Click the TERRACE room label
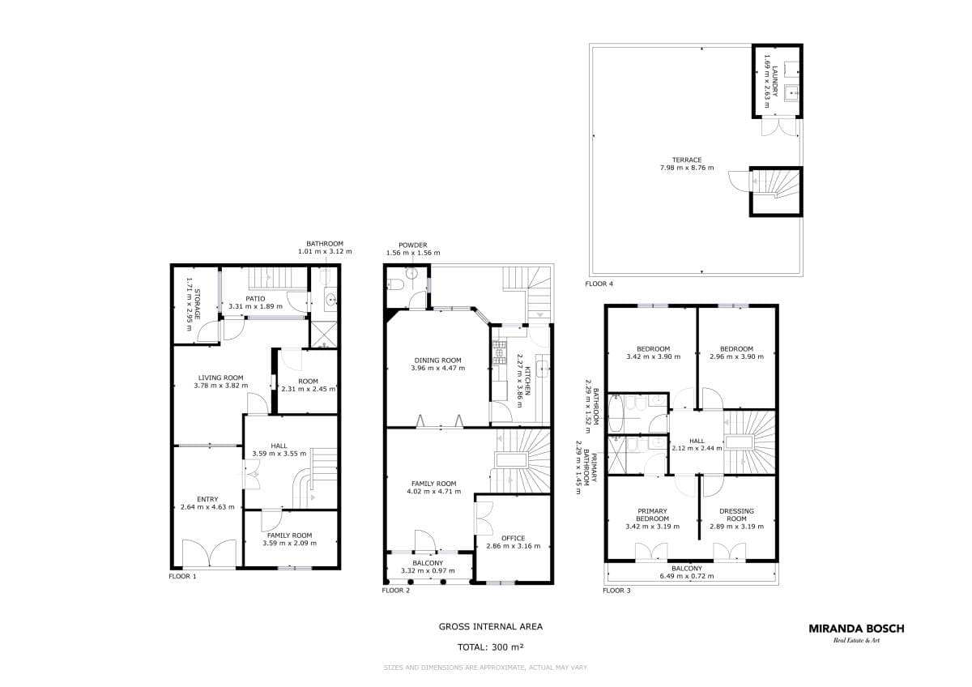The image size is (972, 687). pyautogui.click(x=687, y=160)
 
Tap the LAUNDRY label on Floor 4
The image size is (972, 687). pyautogui.click(x=775, y=81)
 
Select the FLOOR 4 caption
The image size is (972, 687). pyautogui.click(x=599, y=284)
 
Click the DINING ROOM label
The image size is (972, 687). pyautogui.click(x=437, y=361)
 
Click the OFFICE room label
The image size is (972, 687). pyautogui.click(x=514, y=538)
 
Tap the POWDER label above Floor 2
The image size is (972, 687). pyautogui.click(x=412, y=245)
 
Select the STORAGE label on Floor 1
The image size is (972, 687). pyautogui.click(x=197, y=305)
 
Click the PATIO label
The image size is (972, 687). pyautogui.click(x=255, y=299)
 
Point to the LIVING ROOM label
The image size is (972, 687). pyautogui.click(x=220, y=378)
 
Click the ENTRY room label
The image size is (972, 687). pyautogui.click(x=207, y=499)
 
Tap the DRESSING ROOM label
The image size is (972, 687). pyautogui.click(x=736, y=514)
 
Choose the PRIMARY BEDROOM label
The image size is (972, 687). pyautogui.click(x=652, y=514)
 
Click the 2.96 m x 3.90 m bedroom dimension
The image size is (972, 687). pyautogui.click(x=736, y=356)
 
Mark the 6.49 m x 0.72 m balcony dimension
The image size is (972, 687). pyautogui.click(x=687, y=576)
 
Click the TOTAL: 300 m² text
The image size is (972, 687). pyautogui.click(x=490, y=647)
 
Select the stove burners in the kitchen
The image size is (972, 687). pyautogui.click(x=499, y=352)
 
